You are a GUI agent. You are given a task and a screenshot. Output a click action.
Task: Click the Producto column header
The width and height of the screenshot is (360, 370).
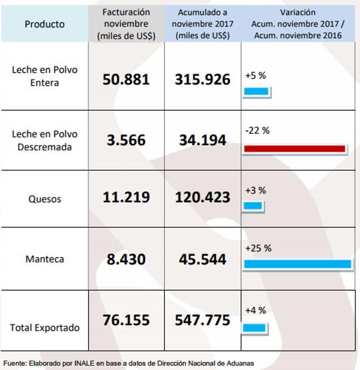click(x=44, y=24)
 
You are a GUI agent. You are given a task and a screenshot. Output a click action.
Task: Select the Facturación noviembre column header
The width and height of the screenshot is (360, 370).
click(x=126, y=24)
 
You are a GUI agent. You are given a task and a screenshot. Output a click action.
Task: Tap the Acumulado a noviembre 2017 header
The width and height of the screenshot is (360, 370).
click(x=202, y=24)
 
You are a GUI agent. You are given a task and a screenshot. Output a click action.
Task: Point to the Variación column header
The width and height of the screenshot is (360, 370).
click(x=298, y=24)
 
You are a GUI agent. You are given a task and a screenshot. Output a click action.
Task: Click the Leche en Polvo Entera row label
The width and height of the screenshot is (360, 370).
click(x=44, y=76)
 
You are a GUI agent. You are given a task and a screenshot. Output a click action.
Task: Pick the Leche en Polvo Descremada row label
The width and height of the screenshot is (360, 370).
click(x=44, y=140)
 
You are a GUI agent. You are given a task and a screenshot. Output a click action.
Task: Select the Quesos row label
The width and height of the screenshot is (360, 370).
click(x=44, y=199)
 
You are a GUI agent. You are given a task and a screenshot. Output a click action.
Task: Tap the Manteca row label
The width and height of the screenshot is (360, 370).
click(x=44, y=259)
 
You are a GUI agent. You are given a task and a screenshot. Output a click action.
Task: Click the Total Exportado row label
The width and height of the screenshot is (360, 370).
click(x=44, y=327)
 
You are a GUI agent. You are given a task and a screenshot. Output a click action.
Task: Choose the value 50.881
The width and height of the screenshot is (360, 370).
click(x=126, y=79)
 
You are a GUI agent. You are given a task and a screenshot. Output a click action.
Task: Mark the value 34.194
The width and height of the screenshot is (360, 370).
click(x=202, y=139)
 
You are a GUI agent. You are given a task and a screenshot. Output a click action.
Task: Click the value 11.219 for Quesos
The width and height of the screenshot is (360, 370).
click(x=126, y=197)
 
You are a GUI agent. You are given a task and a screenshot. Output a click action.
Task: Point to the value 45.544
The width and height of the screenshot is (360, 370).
click(x=202, y=259)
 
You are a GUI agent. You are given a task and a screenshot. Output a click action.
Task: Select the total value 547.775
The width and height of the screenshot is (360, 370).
click(x=202, y=321)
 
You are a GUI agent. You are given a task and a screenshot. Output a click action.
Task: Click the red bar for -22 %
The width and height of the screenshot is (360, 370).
click(x=294, y=148)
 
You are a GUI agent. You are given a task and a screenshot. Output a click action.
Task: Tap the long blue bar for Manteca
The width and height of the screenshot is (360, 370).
click(x=298, y=263)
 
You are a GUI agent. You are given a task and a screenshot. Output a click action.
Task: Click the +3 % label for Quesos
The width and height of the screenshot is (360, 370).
click(x=255, y=190)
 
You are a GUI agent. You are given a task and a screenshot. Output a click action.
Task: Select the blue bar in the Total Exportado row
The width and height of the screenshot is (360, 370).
click(x=255, y=327)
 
